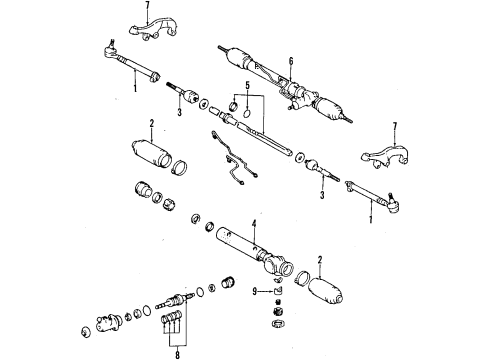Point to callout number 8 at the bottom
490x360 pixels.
177,351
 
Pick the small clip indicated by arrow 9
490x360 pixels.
276,291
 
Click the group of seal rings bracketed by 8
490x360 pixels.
171,326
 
